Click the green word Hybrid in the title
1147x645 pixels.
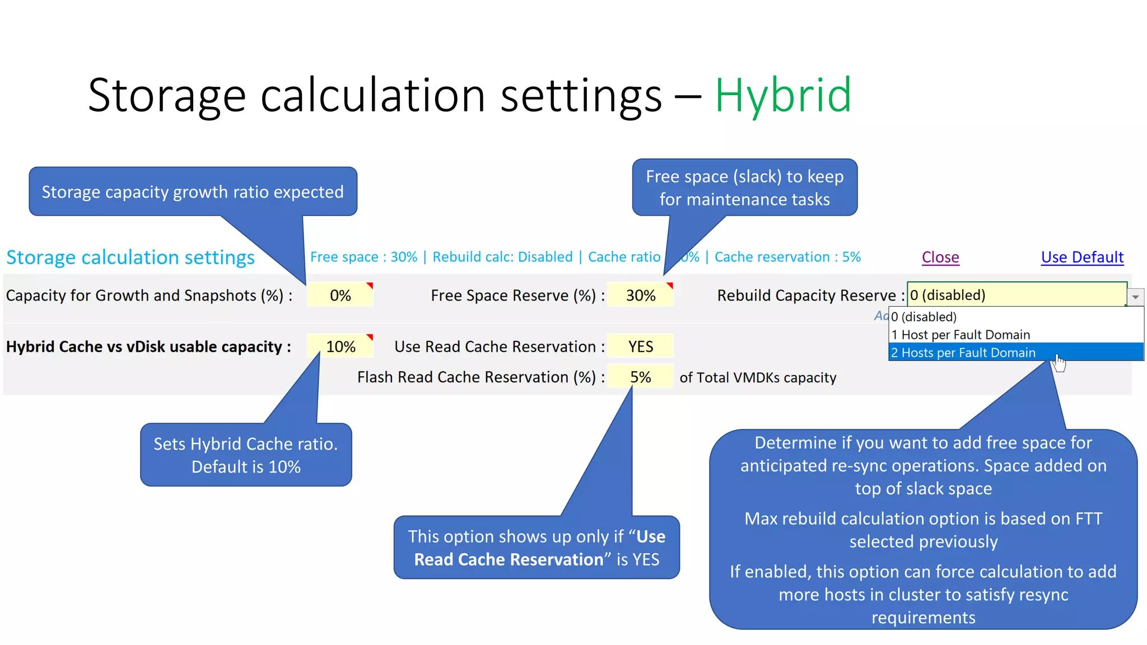tap(783, 95)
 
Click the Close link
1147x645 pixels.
tap(940, 257)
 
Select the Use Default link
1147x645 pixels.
tap(1082, 257)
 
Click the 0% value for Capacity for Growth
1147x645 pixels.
tap(340, 295)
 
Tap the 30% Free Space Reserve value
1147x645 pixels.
tap(640, 295)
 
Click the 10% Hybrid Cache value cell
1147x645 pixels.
tap(341, 347)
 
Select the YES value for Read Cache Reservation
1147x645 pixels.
tap(640, 347)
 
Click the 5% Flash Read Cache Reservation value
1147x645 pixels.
tap(640, 377)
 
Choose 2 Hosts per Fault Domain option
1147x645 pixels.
tap(963, 353)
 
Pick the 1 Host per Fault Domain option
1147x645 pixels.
tap(961, 335)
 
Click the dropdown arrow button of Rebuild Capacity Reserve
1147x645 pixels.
tap(1135, 297)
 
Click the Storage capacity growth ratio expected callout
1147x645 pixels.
tap(193, 191)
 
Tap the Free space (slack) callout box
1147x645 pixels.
tap(744, 188)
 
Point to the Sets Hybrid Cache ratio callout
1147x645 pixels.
tap(246, 455)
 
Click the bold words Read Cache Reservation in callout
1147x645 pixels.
tap(509, 559)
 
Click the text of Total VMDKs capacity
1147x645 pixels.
tap(758, 377)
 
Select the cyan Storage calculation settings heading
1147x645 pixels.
tap(130, 257)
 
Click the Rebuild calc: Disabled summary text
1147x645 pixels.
tap(502, 257)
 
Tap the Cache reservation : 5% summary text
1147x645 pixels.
tap(787, 257)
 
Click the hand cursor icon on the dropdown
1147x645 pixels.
tap(1059, 363)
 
